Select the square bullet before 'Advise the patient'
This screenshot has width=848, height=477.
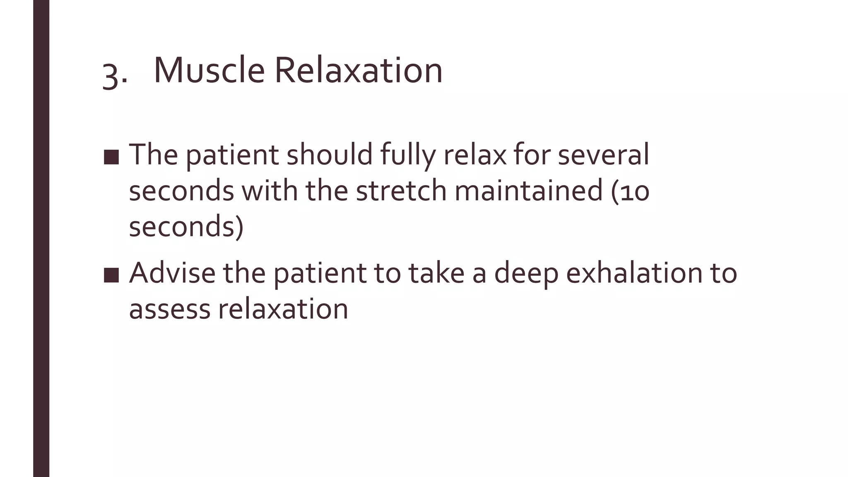pos(111,275)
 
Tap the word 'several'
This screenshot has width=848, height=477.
pos(603,154)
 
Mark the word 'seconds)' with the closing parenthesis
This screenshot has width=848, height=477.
pos(186,227)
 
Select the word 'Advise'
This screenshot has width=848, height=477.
pos(172,273)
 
